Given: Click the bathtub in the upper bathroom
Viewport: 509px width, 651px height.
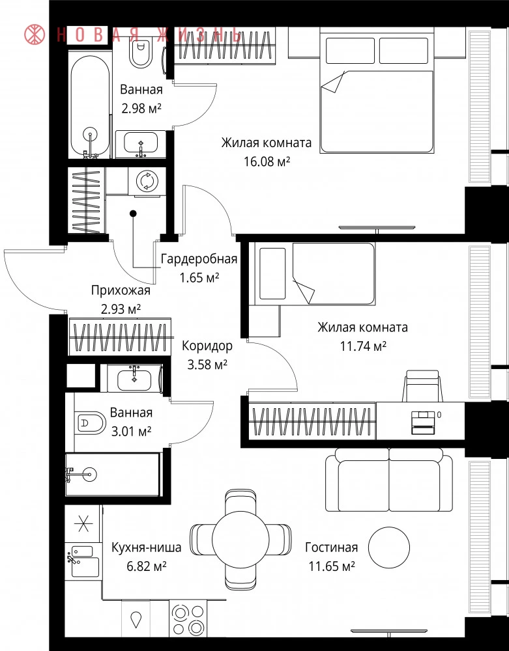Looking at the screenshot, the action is [x=90, y=105].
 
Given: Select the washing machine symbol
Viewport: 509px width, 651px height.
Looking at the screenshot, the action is [x=146, y=181].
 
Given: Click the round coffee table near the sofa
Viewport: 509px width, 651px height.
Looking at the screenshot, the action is [x=389, y=547].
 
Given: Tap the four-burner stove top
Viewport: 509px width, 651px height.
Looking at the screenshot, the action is [x=188, y=618].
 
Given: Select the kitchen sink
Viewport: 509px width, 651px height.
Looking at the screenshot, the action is [x=85, y=561].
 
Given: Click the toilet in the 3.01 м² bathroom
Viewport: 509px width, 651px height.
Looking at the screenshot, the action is [x=91, y=423].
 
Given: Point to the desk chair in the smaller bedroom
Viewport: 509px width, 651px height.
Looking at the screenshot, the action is [x=422, y=385].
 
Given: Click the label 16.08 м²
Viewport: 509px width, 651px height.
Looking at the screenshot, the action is [x=267, y=161].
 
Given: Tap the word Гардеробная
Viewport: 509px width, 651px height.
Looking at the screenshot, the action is [x=199, y=259].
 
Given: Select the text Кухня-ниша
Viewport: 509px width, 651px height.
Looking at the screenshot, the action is [x=146, y=547].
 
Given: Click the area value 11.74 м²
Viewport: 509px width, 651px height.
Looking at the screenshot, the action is [x=364, y=346].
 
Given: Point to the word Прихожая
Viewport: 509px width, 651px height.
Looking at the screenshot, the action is [x=121, y=290].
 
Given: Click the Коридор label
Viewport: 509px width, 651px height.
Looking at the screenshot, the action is [x=207, y=346].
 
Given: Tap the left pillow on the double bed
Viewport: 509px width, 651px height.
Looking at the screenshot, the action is [x=350, y=51].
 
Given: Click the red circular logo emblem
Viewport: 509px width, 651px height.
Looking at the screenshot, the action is [x=35, y=35].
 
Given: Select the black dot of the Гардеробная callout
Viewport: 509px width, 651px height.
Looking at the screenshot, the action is [x=133, y=214].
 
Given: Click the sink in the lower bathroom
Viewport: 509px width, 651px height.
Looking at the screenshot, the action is [x=134, y=378].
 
